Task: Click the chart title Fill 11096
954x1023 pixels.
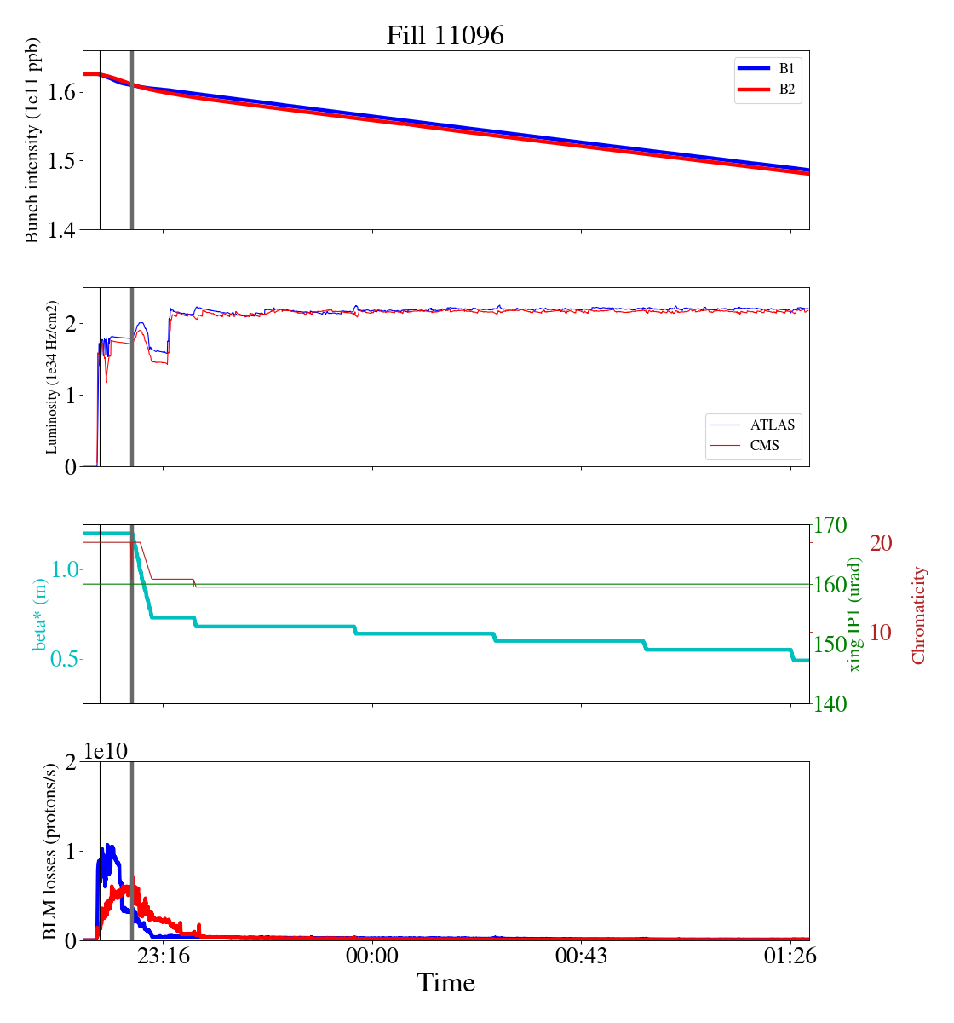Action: [445, 36]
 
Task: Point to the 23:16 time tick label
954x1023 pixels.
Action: [164, 956]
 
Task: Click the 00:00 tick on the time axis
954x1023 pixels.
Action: [372, 956]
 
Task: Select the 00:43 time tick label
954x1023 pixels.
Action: [581, 956]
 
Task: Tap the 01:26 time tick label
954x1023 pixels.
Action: [790, 956]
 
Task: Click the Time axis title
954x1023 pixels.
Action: [445, 983]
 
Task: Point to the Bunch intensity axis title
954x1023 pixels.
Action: [32, 141]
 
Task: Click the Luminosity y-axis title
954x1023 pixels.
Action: [52, 377]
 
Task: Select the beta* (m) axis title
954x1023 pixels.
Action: [40, 614]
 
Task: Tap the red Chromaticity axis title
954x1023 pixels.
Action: [918, 615]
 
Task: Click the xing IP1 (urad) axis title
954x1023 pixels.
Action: [855, 614]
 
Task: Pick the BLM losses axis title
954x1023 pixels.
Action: [52, 851]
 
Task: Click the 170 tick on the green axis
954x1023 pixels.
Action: [831, 525]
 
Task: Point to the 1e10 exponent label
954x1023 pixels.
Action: [106, 751]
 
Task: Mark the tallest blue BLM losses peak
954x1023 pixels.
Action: [108, 846]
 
